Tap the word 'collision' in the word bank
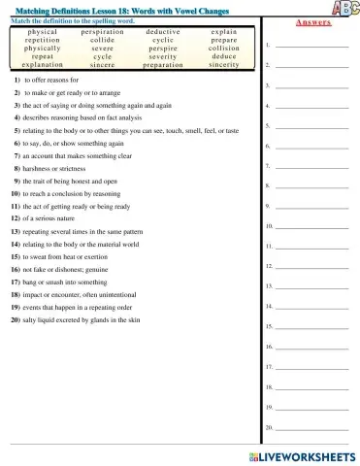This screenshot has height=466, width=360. [223, 49]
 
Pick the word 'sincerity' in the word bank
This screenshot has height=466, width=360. [223, 65]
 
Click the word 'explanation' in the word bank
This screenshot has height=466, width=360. [43, 65]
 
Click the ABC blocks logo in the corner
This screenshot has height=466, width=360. [344, 9]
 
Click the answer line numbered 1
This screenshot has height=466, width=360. [311, 45]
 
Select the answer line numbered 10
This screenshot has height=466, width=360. [311, 226]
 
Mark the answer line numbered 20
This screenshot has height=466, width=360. [311, 427]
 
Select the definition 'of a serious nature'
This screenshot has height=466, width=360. [59, 219]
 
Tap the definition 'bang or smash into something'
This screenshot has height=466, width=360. [73, 282]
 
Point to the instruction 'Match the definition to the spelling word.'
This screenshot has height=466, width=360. [72, 19]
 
